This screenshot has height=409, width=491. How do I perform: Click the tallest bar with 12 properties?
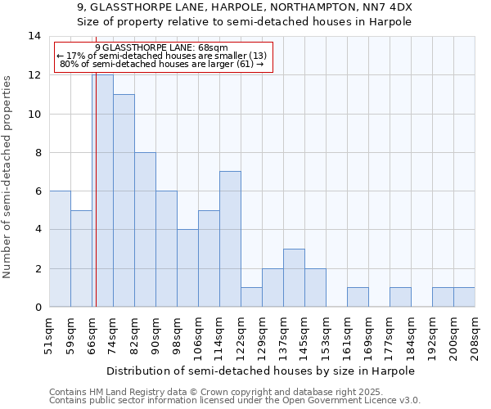point(103,191)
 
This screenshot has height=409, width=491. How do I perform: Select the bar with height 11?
point(124,200)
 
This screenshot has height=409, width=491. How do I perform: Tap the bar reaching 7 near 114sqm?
point(230,239)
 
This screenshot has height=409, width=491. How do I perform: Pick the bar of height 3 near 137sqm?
point(294,278)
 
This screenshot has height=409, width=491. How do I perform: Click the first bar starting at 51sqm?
point(60,249)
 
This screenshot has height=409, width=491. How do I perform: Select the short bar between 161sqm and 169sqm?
point(358,297)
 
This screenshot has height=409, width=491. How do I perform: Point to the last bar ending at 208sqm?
point(464,297)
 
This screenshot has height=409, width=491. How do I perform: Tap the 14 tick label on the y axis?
point(34,36)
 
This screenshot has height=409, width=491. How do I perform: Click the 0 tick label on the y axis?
point(38,308)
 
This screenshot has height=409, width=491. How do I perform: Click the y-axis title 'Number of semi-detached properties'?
point(8,176)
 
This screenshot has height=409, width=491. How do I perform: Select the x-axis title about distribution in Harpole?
point(261,371)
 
